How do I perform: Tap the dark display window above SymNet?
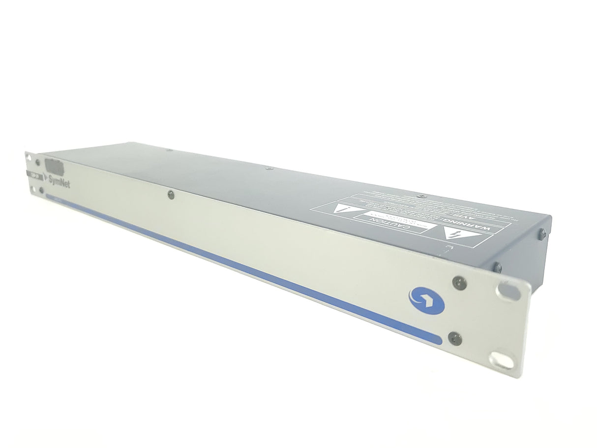click(54, 167)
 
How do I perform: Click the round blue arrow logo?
click(426, 301)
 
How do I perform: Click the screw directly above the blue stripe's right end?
click(453, 338)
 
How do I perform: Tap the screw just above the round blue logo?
click(459, 282)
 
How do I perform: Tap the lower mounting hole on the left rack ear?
click(33, 190)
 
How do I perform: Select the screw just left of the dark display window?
click(38, 162)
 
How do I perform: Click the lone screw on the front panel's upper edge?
click(170, 195)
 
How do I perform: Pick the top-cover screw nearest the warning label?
click(420, 196)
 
